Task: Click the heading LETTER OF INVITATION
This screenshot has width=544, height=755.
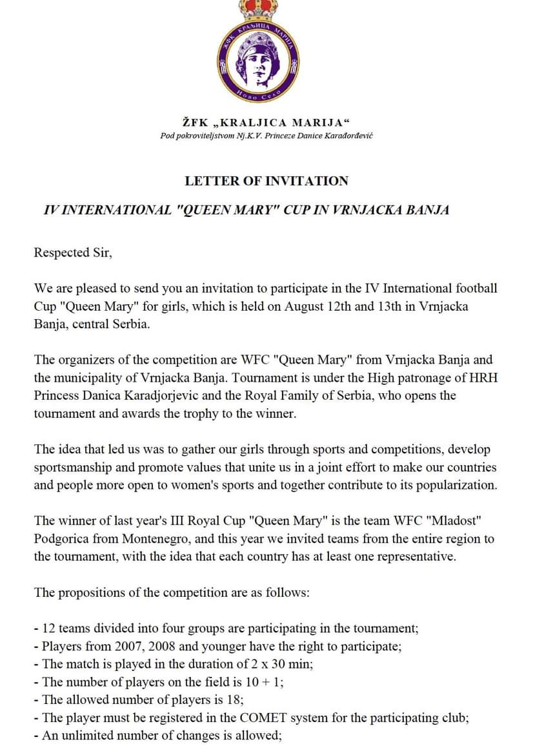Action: [x=267, y=181]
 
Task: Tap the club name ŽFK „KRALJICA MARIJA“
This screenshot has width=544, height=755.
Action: [x=266, y=122]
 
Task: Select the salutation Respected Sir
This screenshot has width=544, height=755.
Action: [x=73, y=253]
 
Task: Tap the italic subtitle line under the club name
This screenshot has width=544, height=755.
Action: [x=267, y=136]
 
